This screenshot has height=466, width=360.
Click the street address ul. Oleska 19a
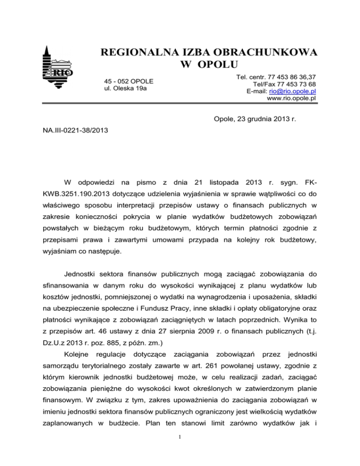click(126, 89)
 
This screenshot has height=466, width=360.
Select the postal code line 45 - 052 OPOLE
click(129, 81)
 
